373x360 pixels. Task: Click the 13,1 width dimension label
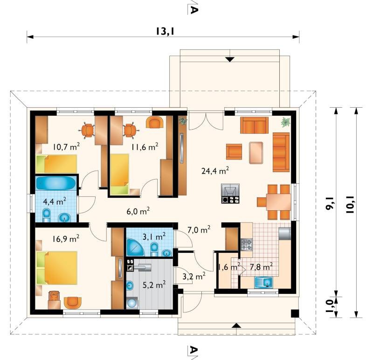coord(165,31)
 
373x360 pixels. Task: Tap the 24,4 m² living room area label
coord(215,170)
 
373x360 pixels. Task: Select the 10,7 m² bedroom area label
coord(66,146)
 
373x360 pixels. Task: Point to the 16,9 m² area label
coord(66,238)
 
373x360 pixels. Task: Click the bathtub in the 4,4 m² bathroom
coord(56,183)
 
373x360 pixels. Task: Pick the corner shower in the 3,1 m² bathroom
coord(135,248)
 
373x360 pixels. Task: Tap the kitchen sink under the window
coord(264,282)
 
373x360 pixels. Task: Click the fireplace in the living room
coord(230,194)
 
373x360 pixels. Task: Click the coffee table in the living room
coord(256,153)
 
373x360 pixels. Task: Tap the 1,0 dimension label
coord(330,307)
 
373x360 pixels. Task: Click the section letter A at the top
coord(194,10)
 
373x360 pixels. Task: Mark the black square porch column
coord(295,313)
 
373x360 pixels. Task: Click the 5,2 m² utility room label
coord(154,285)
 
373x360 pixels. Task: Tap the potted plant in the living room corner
coord(285,122)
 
